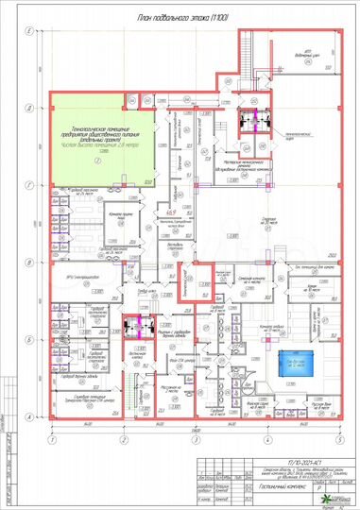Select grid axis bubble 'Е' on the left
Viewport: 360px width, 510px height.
[30, 32]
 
